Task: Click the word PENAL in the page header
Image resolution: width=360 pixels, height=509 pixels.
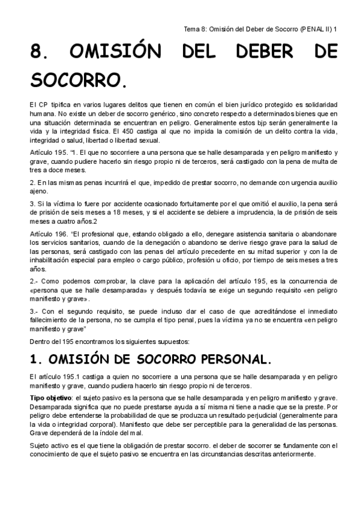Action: [308, 28]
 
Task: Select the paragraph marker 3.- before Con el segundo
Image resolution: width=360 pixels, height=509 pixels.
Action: [35, 311]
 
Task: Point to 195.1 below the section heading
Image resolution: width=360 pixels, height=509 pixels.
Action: [71, 376]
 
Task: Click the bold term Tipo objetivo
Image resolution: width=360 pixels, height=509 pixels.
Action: [50, 398]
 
